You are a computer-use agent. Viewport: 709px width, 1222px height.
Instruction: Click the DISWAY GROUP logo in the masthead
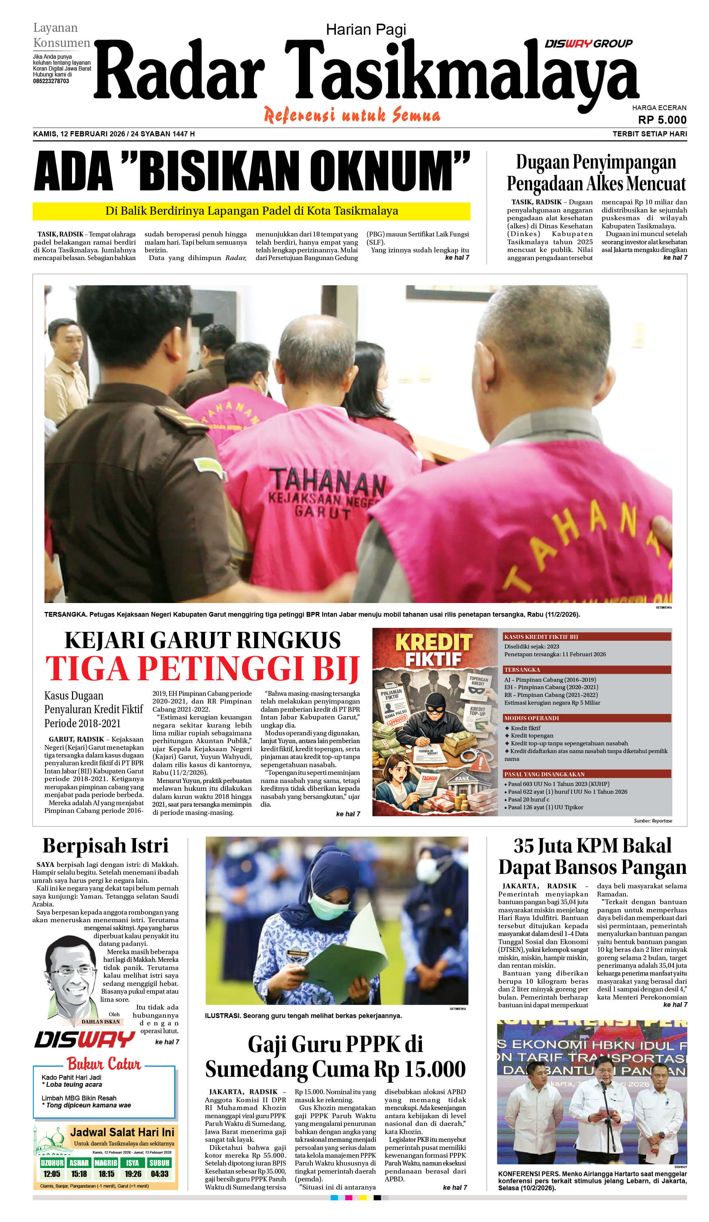tap(588, 44)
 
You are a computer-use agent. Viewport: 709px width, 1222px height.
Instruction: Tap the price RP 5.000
tap(661, 120)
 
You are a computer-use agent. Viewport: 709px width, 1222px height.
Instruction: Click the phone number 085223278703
tap(51, 81)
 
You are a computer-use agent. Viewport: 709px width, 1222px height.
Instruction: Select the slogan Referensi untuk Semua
tap(352, 115)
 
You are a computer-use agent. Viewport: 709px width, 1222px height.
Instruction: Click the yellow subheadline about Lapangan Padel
tap(251, 211)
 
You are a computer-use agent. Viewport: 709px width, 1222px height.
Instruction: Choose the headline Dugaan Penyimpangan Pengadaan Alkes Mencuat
tap(596, 173)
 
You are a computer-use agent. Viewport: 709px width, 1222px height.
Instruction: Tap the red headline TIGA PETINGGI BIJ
tap(202, 669)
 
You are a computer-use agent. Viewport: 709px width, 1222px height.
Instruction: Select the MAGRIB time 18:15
tap(106, 1174)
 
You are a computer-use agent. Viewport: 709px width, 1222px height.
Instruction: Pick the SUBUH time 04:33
tap(159, 1174)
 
